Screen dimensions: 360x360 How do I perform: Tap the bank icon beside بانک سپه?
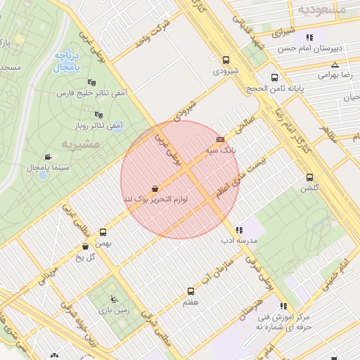[x=221, y=139]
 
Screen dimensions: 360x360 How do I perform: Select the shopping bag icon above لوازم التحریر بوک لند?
[x=155, y=188]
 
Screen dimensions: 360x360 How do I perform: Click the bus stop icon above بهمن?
[x=103, y=232]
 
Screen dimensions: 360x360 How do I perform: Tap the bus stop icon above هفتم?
[x=191, y=291]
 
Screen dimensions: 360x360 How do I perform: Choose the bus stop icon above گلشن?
[x=309, y=178]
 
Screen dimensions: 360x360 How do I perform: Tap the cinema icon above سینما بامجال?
[x=47, y=156]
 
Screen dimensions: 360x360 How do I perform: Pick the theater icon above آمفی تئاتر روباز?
[x=99, y=115]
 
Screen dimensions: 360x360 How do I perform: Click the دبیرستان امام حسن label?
[x=316, y=48]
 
